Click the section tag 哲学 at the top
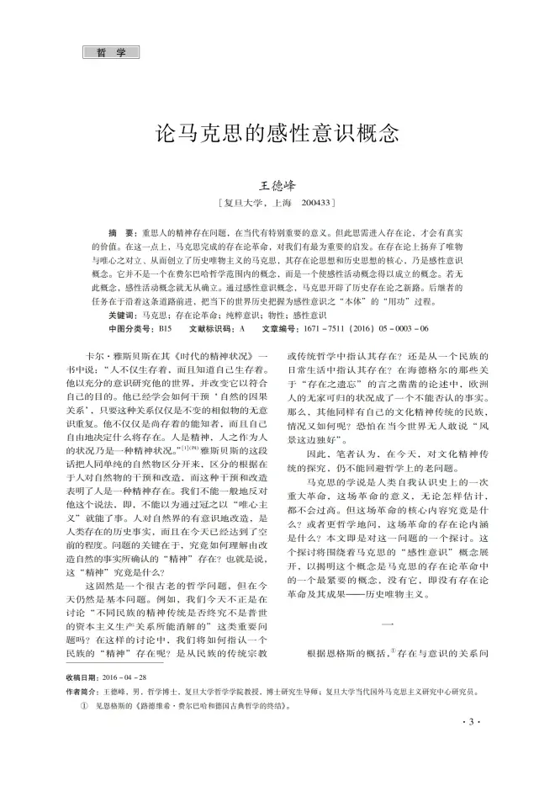coord(110,52)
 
